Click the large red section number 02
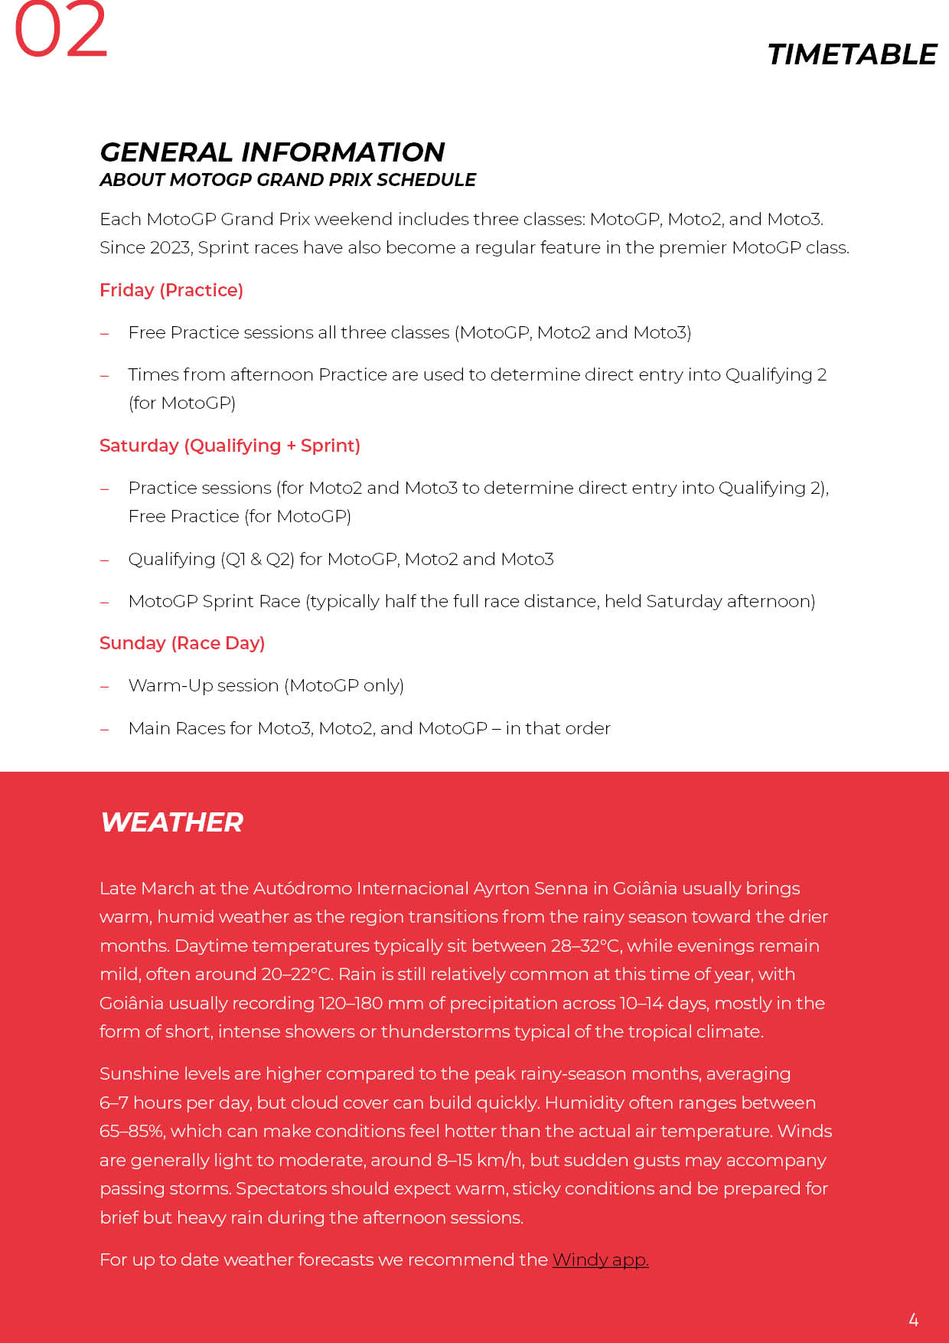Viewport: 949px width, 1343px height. pos(61,31)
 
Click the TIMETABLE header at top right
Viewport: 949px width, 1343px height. pos(852,55)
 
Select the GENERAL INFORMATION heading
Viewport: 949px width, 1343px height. pos(272,152)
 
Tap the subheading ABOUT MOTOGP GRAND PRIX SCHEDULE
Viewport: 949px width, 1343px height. pos(287,180)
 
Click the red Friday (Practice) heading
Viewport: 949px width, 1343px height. pos(171,290)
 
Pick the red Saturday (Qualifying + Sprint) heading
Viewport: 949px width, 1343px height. pos(230,446)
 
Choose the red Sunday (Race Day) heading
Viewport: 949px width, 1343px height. pos(182,643)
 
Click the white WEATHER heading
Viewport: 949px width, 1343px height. pos(171,822)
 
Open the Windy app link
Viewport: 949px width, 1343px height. pos(600,1260)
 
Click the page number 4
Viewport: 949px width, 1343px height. pos(913,1319)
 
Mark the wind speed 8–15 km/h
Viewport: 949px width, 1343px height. pos(480,1161)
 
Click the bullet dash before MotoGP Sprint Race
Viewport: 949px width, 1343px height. pos(105,603)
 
